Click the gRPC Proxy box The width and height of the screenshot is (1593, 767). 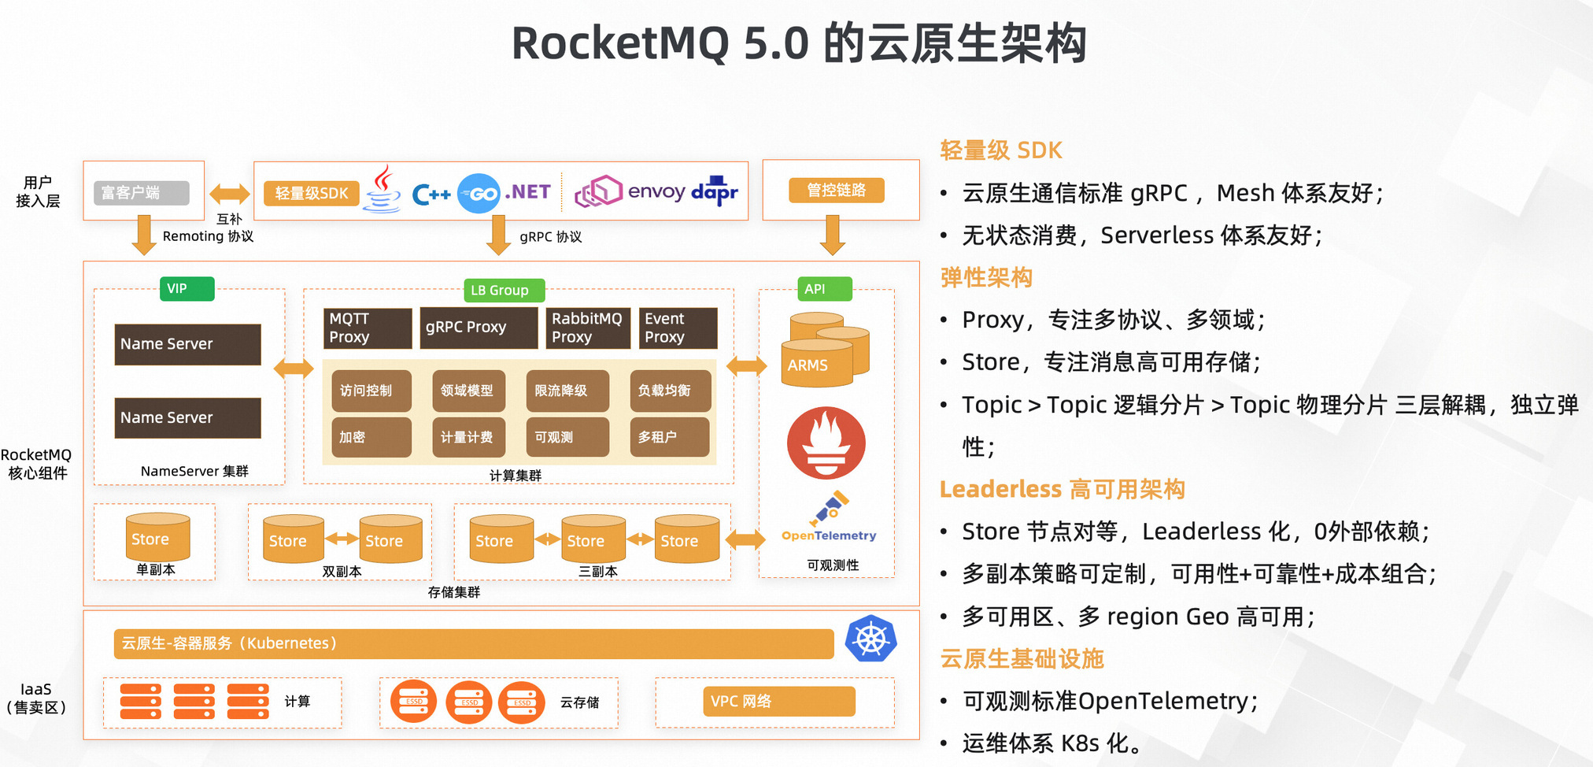point(479,328)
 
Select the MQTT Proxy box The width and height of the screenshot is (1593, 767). point(368,328)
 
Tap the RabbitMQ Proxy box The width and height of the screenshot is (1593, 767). point(588,328)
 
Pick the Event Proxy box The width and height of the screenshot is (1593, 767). point(678,328)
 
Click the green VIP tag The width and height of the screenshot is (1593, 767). point(187,289)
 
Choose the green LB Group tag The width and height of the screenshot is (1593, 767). point(504,291)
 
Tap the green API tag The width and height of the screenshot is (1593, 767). point(824,289)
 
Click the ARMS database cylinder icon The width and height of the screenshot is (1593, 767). point(824,350)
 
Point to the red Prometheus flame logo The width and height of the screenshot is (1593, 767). point(826,443)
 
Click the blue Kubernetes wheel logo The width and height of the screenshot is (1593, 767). point(870,639)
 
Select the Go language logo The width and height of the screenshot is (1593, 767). point(479,194)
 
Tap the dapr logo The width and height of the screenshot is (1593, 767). point(715,191)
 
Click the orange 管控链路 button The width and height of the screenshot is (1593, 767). point(837,191)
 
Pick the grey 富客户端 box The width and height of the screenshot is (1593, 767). point(142,193)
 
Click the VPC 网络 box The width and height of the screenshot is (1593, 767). point(778,702)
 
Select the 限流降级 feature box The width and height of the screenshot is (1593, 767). point(567,391)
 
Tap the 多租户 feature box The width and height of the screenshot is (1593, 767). point(670,437)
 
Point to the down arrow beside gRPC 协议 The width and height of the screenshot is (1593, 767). point(498,235)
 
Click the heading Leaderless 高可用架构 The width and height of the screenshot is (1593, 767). point(1062,490)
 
